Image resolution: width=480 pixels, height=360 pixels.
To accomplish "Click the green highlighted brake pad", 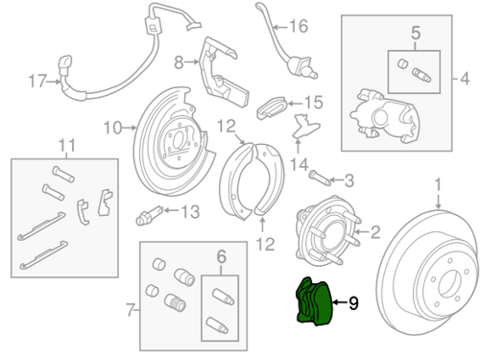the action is (x=314, y=301).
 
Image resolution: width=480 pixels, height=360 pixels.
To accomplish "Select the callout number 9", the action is (x=353, y=303).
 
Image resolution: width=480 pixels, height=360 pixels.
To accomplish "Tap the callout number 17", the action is (x=37, y=82).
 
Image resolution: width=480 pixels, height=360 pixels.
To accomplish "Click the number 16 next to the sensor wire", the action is (x=299, y=26).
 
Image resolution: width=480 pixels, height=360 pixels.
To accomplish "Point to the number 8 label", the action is (x=179, y=62).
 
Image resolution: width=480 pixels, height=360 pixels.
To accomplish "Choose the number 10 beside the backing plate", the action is (x=113, y=128).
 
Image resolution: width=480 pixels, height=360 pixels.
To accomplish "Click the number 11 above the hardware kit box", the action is (x=67, y=146).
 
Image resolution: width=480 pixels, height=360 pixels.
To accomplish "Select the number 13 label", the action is (x=191, y=211).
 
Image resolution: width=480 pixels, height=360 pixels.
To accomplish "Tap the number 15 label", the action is (x=313, y=103).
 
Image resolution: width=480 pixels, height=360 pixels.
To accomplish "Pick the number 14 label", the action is (x=300, y=165).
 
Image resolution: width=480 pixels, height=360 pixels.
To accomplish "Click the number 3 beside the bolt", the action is (x=349, y=180).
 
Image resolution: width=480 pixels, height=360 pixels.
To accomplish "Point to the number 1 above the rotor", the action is (x=438, y=184).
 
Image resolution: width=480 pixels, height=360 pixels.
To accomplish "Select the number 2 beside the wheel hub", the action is (x=375, y=232).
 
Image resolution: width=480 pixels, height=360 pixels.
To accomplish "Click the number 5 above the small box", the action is (x=416, y=33).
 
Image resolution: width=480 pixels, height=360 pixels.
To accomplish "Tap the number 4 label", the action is (x=465, y=79).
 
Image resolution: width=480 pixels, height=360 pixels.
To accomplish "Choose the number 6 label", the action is (x=222, y=256).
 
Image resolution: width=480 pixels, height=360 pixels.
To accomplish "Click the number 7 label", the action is (x=130, y=310).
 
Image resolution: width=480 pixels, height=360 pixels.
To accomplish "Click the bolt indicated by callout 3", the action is (x=320, y=179).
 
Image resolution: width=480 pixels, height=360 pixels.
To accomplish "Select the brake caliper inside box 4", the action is (x=384, y=116).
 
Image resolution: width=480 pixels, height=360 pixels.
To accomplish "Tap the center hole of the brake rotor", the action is (x=449, y=283).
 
